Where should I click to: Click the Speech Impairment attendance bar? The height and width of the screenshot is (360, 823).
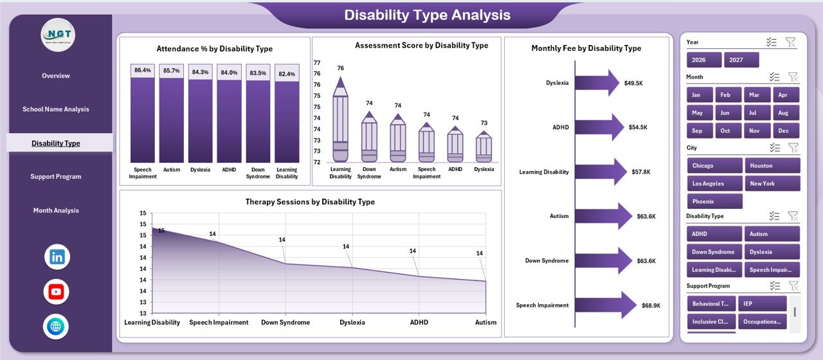coord(142,119)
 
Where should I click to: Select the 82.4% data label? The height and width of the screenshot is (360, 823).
coord(287,74)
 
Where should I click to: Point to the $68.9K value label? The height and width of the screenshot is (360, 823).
coord(651,305)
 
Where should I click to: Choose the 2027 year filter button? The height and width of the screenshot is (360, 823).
coord(741,60)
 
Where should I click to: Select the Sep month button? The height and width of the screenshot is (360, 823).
coord(698,130)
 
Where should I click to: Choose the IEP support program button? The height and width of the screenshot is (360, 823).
coord(762,303)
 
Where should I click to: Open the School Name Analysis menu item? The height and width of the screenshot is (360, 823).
coord(56,109)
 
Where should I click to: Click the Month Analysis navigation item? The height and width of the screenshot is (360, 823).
coord(56,210)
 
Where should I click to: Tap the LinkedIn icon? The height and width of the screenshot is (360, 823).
coord(57,257)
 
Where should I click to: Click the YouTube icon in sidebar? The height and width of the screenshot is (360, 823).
coord(57,292)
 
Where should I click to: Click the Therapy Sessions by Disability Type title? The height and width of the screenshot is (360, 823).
coord(310,202)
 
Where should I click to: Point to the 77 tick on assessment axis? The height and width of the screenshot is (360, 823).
coord(317,63)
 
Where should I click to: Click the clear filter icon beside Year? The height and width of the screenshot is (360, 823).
coord(791,42)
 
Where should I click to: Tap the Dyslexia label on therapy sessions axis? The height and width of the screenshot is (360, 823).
coord(352,322)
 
